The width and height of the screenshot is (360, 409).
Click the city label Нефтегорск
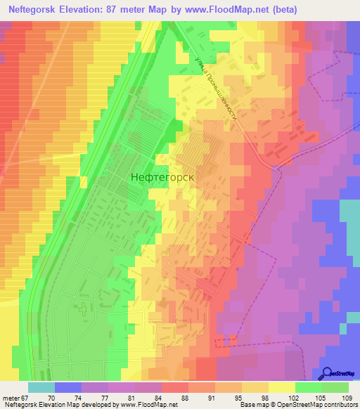(x=162, y=178)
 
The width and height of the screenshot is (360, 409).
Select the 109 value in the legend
(x=347, y=397)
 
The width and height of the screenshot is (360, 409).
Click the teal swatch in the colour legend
(x=41, y=387)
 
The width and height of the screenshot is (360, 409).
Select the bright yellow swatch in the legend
(x=281, y=387)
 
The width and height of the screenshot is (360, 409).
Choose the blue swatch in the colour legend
(x=68, y=387)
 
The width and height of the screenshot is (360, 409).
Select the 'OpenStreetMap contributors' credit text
(x=316, y=405)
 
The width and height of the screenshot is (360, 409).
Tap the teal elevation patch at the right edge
(x=349, y=214)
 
